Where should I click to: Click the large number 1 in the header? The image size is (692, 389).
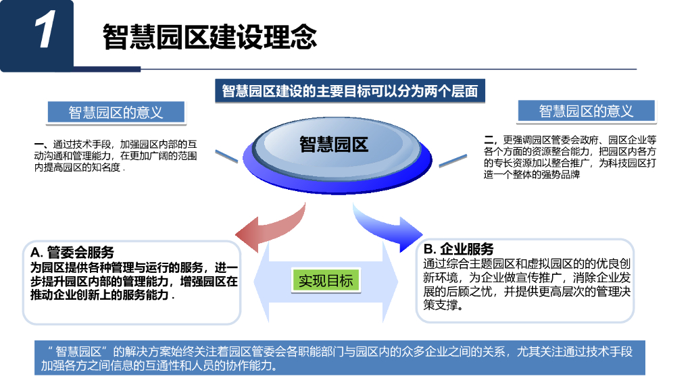pos(44,32)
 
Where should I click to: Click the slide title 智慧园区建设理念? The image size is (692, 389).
pos(209,36)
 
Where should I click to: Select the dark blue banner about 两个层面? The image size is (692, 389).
pos(350,91)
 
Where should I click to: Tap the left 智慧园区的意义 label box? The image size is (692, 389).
pos(116,112)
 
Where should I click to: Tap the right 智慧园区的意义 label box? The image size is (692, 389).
pos(586,111)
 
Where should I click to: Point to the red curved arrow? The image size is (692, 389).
pos(270,226)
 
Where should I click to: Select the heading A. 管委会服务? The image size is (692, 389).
pos(72,253)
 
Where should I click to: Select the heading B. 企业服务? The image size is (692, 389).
pos(459,249)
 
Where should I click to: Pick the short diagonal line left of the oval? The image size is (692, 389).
pos(228,157)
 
